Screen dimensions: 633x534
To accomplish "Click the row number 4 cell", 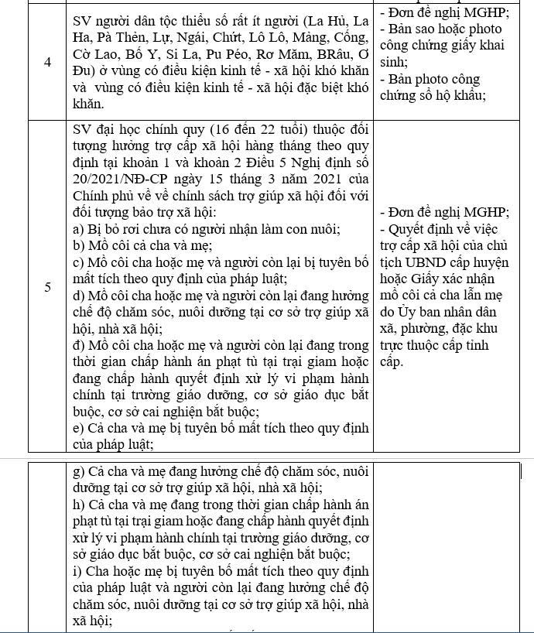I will (47, 62).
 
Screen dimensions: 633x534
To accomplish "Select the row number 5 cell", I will (47, 287).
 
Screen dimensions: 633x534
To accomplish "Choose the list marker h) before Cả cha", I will (77, 505).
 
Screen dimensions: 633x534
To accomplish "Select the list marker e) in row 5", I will (77, 428).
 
